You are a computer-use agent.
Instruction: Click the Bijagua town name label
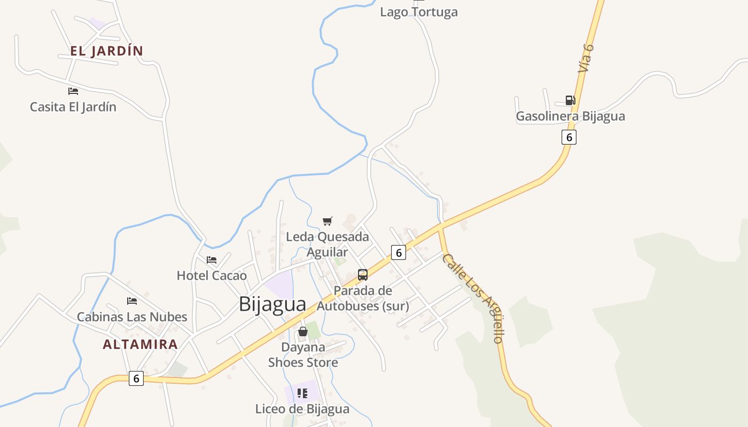click(272, 304)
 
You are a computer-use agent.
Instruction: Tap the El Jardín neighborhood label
click(106, 51)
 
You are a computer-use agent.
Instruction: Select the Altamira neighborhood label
click(140, 344)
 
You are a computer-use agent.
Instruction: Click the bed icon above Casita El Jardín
click(73, 91)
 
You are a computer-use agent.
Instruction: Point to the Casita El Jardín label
click(73, 107)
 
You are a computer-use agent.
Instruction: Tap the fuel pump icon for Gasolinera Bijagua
click(570, 100)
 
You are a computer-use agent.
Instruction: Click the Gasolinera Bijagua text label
click(570, 116)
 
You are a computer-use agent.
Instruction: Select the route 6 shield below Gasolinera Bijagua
click(569, 137)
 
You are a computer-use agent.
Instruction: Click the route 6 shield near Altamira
click(136, 378)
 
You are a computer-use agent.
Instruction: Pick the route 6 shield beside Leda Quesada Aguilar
click(398, 252)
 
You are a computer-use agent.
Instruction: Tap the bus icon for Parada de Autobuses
click(363, 275)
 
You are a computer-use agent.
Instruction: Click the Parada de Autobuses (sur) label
click(363, 298)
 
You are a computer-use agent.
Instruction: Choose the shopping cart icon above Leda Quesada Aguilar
click(328, 221)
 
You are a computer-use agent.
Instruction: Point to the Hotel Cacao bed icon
click(212, 260)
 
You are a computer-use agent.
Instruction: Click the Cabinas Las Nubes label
click(132, 317)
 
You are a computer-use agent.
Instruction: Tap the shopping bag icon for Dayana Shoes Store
click(303, 331)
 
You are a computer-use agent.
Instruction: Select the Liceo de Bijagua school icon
click(302, 393)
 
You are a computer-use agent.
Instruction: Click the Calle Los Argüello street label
click(473, 297)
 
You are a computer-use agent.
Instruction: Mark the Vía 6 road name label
click(586, 58)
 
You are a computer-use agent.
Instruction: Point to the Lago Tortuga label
click(419, 12)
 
